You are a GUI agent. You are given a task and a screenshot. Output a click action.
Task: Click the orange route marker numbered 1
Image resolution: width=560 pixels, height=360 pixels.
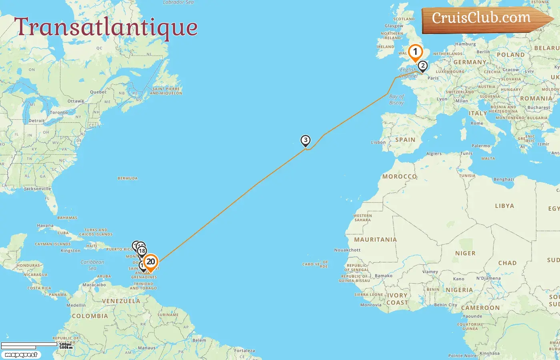(415, 52)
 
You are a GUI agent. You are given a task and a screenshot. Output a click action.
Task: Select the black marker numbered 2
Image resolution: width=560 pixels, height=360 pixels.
(422, 66)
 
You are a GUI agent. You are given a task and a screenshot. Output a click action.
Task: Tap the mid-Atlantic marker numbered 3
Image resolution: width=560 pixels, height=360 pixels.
(306, 140)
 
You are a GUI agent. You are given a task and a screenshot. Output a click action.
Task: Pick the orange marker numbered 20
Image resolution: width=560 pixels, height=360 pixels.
(150, 262)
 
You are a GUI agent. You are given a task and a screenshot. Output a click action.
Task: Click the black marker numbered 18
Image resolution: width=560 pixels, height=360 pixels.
(142, 251)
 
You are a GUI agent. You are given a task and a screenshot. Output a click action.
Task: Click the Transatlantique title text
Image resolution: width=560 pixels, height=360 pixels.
(106, 27)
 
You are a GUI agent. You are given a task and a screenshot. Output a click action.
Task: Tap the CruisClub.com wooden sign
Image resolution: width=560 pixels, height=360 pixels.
(481, 18)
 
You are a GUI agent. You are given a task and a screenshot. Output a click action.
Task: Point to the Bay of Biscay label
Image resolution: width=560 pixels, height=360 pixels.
(396, 100)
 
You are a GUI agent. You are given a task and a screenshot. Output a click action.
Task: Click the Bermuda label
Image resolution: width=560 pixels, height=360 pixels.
(128, 178)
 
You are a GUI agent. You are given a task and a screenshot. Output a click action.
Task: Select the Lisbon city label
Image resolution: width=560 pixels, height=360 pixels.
(378, 142)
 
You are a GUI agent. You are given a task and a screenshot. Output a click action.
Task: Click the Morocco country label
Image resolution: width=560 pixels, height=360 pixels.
(399, 176)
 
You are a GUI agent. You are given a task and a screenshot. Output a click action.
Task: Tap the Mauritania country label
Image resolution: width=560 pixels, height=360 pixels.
(375, 240)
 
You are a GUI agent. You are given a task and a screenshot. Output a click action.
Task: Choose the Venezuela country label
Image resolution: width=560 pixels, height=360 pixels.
(121, 301)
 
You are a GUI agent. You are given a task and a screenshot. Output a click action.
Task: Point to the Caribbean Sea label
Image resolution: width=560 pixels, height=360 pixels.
(92, 265)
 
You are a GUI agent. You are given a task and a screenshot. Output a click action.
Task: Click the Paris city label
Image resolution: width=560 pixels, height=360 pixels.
(433, 78)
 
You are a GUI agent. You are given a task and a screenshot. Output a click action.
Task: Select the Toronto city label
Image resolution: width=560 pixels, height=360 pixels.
(59, 113)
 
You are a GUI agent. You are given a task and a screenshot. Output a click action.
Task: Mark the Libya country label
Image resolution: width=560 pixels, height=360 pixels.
(504, 206)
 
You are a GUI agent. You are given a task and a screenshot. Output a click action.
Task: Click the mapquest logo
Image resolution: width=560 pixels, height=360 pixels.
(21, 355)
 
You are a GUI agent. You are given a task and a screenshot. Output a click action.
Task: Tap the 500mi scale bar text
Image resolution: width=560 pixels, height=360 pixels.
(65, 344)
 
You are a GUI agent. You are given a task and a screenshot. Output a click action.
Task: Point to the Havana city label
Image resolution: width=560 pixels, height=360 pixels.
(45, 226)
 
